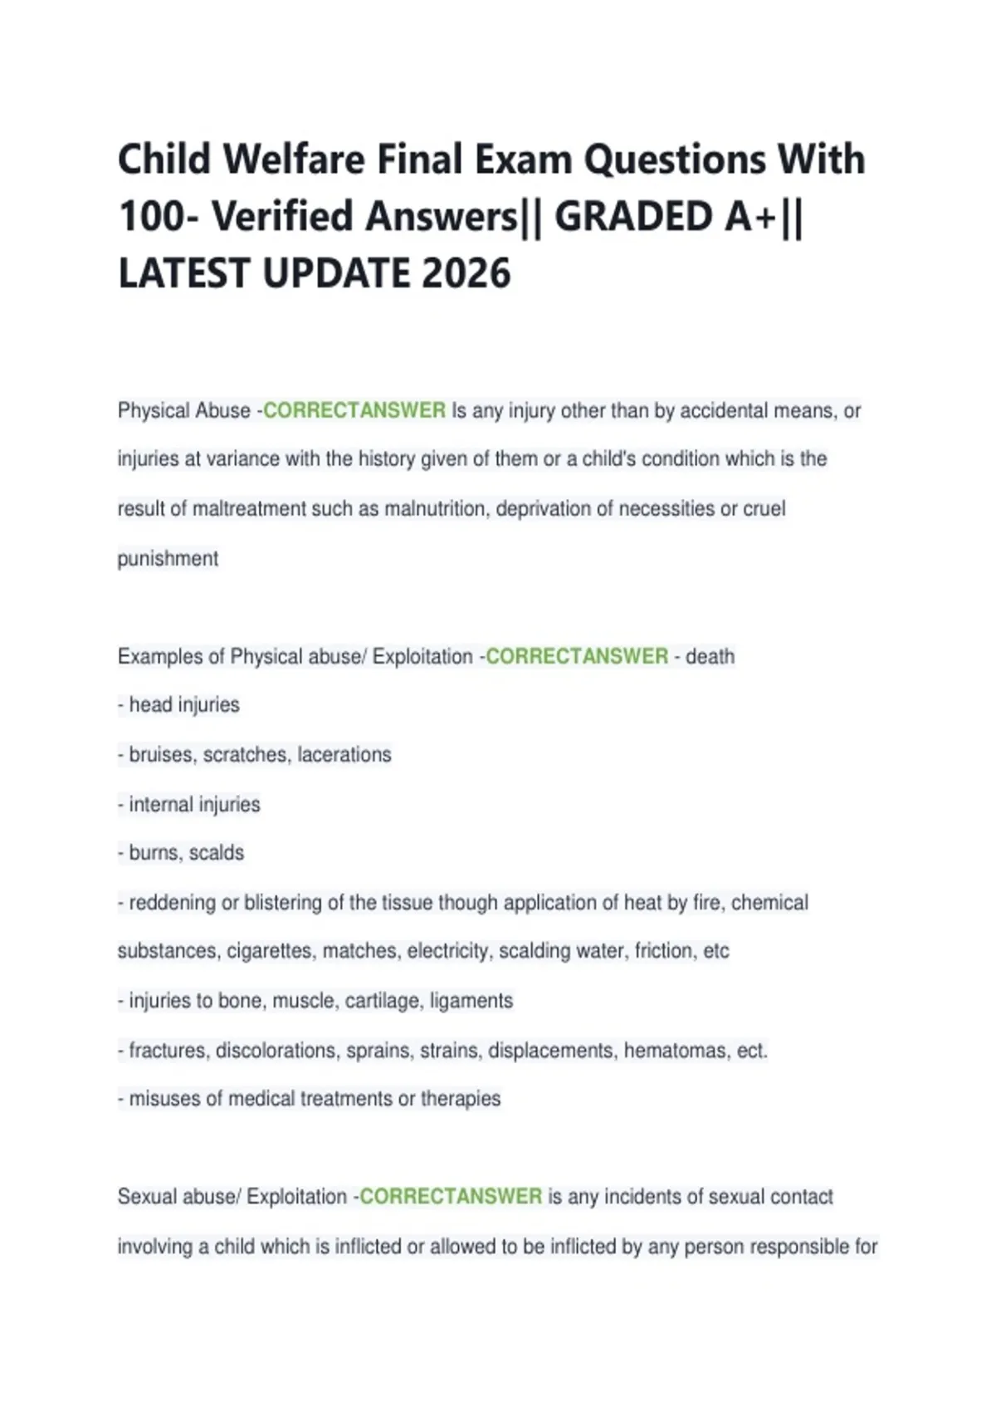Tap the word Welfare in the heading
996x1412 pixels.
pos(294,159)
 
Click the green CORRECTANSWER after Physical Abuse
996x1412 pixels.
pos(354,410)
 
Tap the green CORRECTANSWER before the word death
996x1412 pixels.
pos(577,656)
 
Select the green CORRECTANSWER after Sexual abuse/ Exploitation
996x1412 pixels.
pos(451,1196)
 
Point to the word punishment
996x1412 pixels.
pos(168,558)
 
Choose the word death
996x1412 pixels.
pos(710,656)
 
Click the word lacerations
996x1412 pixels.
pos(344,754)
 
